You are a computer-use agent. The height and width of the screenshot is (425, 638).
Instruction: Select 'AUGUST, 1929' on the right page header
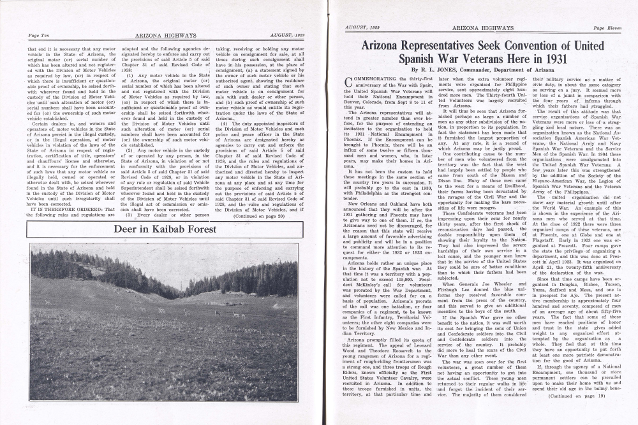[x=362, y=29]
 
